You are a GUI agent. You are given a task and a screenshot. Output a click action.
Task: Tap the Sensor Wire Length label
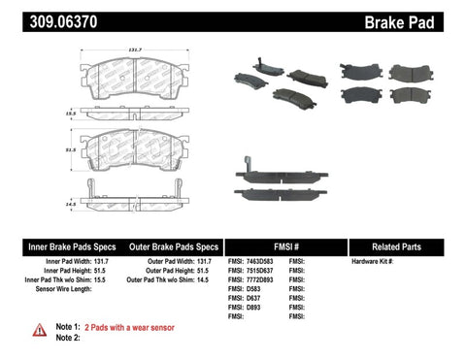coord(70,289)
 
